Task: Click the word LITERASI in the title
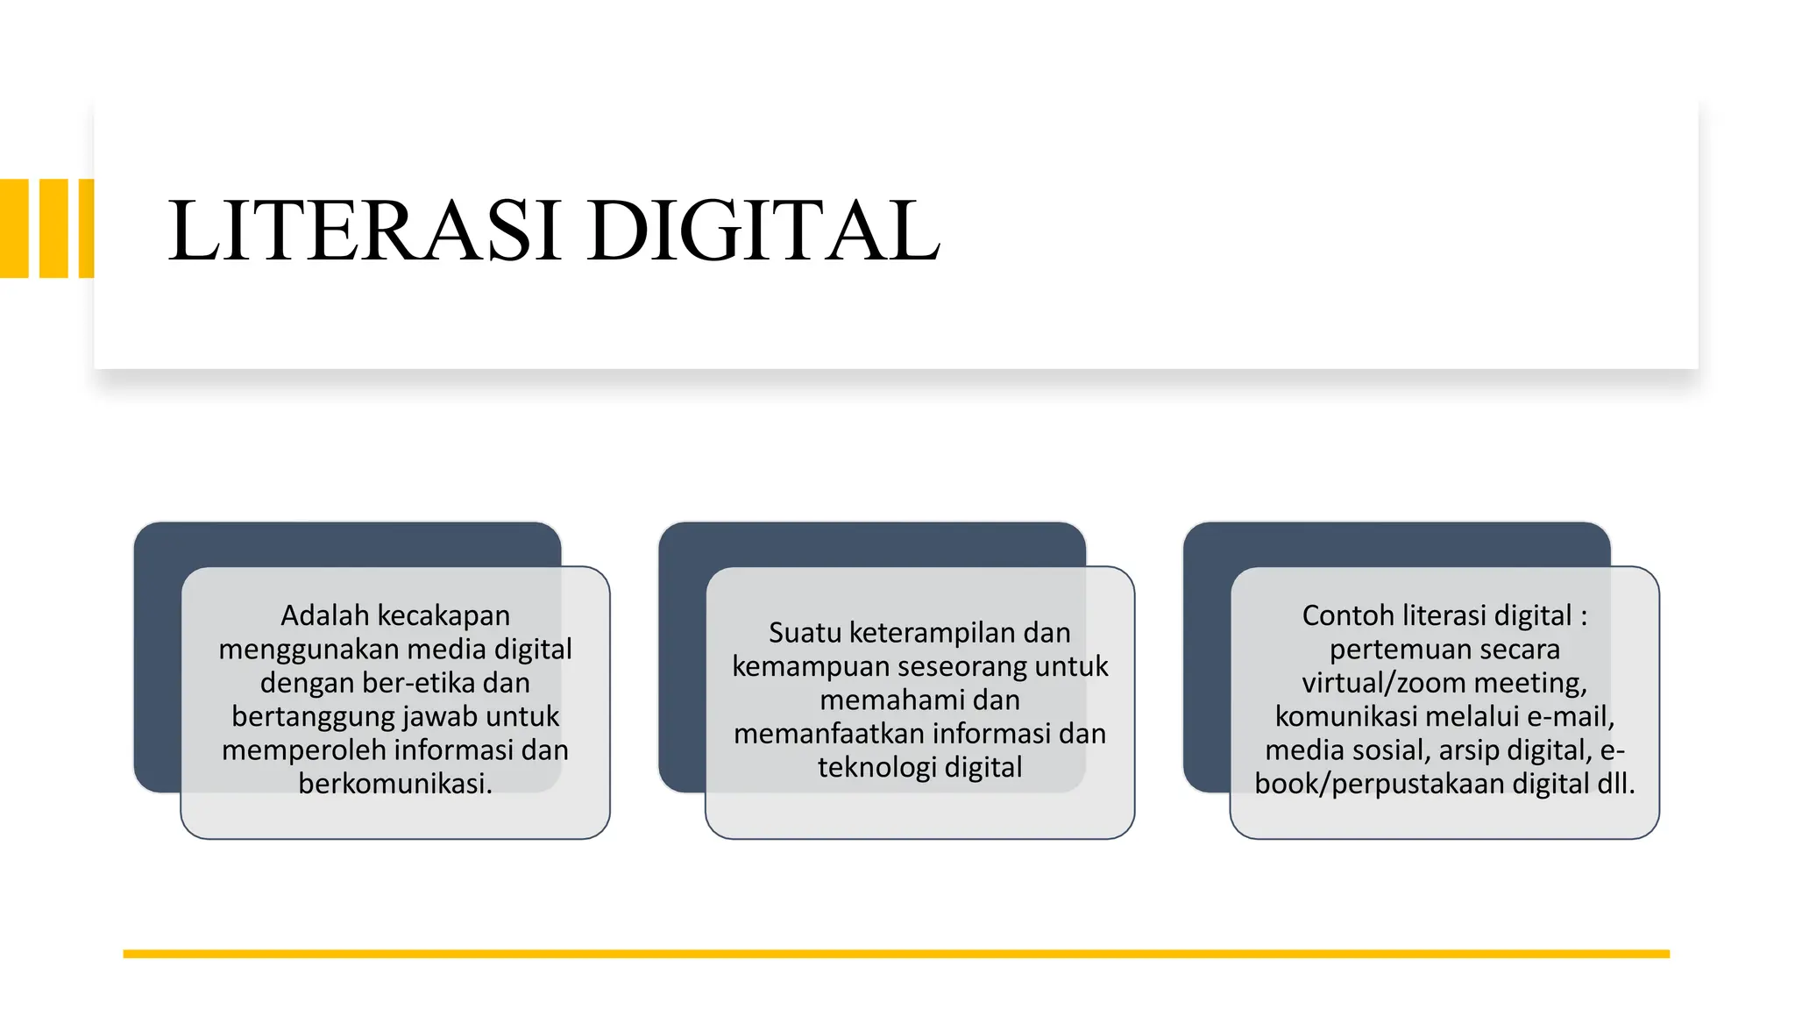click(x=364, y=231)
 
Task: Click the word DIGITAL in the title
click(x=763, y=231)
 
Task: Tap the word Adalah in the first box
click(x=325, y=615)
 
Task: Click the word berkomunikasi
click(x=394, y=783)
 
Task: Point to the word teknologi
click(x=877, y=767)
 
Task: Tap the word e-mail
click(x=1571, y=716)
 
